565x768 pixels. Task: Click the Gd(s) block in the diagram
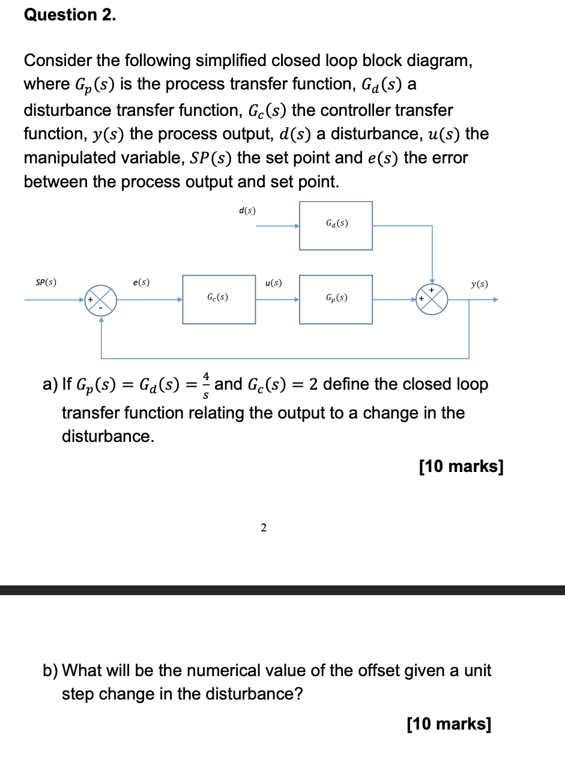tap(336, 225)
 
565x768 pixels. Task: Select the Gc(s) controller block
tap(219, 299)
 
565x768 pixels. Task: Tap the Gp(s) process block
tap(336, 299)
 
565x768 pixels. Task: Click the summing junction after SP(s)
tap(100, 300)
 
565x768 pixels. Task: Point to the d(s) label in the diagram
tap(247, 210)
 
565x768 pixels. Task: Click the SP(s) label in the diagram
tap(46, 282)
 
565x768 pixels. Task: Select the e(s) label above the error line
tap(142, 282)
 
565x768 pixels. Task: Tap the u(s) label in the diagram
tap(273, 282)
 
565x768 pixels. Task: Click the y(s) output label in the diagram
tap(479, 283)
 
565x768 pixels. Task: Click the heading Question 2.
tap(70, 15)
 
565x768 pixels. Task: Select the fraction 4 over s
tap(206, 384)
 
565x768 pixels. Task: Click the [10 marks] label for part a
tap(461, 467)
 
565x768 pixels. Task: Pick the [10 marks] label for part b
tap(449, 725)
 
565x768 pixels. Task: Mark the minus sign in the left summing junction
tap(100, 308)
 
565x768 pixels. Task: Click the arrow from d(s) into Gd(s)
tap(278, 226)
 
